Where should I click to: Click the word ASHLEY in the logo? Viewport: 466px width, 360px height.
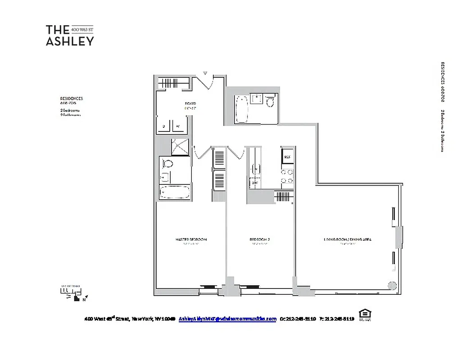[70, 41]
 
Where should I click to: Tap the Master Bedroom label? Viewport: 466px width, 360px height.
[191, 239]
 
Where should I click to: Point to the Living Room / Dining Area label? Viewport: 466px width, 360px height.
[347, 239]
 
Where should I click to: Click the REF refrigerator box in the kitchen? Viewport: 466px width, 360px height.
[287, 157]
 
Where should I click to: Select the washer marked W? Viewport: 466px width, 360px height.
[178, 126]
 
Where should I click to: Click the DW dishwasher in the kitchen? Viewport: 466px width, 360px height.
[254, 183]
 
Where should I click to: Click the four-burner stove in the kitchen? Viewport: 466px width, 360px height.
[287, 176]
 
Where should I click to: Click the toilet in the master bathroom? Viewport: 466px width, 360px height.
[167, 163]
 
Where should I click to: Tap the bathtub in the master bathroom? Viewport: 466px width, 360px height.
[174, 192]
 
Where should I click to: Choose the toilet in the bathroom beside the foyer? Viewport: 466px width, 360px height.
[270, 103]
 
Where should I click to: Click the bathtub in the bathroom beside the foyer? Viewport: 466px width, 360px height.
[242, 108]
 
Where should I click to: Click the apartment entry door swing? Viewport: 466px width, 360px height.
[205, 83]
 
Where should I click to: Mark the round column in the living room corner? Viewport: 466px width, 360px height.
[392, 285]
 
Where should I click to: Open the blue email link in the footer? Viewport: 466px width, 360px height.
[227, 319]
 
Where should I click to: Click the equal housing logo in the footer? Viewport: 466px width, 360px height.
[364, 315]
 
